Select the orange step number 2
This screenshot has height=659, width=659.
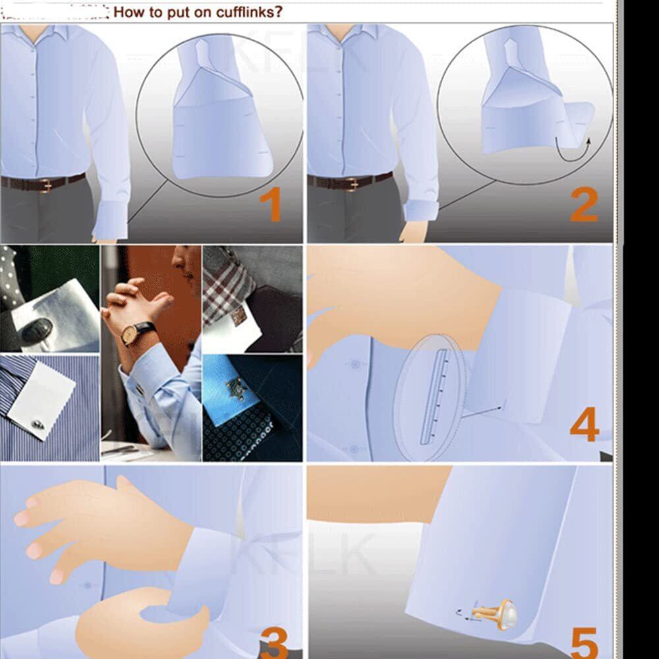584,205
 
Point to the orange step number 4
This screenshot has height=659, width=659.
584,424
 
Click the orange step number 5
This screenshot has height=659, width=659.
585,643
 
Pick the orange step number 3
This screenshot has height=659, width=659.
274,643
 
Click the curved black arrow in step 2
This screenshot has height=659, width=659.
573,152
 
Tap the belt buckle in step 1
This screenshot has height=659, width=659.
45,185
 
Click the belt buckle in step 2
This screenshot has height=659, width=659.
352,184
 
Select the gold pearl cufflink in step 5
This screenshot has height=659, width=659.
495,614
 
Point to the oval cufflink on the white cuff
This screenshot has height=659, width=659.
37,331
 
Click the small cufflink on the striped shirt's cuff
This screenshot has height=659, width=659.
38,424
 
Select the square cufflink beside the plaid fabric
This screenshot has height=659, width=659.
239,315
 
